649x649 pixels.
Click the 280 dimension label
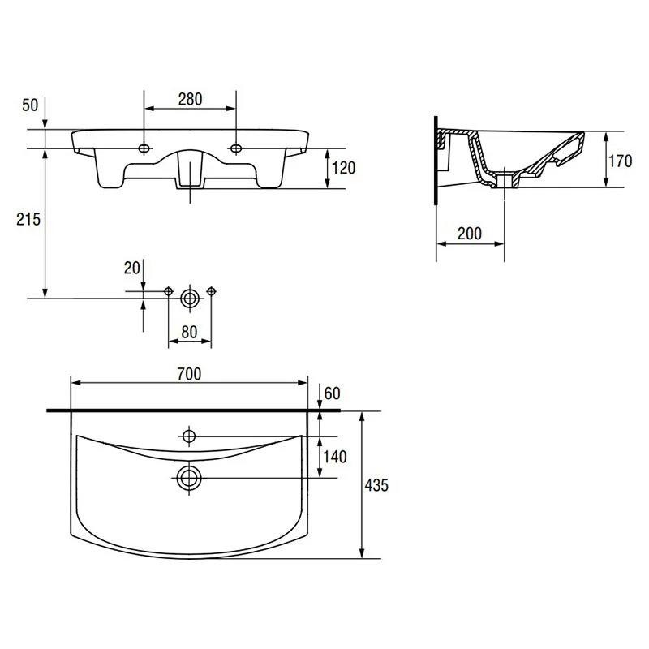coord(191,99)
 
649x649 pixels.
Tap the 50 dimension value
coord(30,105)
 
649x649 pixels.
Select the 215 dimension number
coord(28,219)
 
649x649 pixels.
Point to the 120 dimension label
coord(344,168)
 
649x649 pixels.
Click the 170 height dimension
coord(620,161)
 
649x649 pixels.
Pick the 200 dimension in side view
coord(470,234)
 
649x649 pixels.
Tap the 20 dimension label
coord(132,269)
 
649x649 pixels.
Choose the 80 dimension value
coord(189,332)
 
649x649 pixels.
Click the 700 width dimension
coord(189,374)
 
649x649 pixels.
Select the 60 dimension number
coord(333,393)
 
